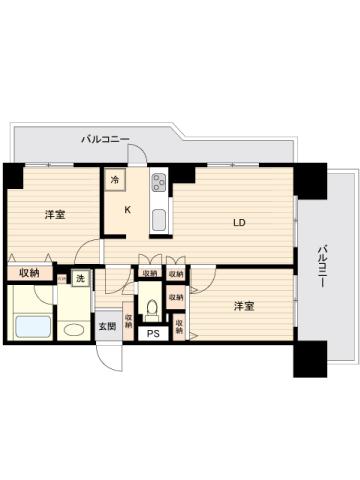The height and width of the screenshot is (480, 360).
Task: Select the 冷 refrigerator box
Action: click(115, 180)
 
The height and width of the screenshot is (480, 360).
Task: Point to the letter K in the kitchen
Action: click(127, 210)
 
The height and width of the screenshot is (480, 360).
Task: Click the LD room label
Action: click(240, 222)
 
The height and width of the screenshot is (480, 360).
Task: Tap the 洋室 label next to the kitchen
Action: click(55, 216)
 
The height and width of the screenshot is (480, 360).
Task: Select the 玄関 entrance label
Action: click(106, 325)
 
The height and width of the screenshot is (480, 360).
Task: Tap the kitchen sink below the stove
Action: click(158, 220)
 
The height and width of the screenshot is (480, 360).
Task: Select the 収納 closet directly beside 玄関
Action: click(128, 322)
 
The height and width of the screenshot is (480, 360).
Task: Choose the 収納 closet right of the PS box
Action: click(179, 326)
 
